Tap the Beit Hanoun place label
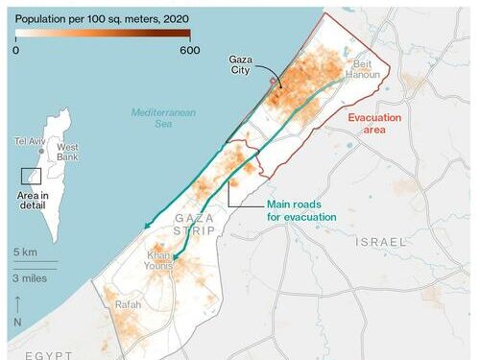coord(370,65)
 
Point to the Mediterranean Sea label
coord(163,118)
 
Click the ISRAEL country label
coord(381,242)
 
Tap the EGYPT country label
coord(49,354)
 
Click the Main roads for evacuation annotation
coord(301,210)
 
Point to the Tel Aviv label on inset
coord(29,141)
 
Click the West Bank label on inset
coord(67,153)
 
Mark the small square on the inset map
coord(31,176)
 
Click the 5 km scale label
coord(25,252)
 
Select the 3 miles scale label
coord(31,276)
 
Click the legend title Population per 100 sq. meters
coord(101,18)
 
